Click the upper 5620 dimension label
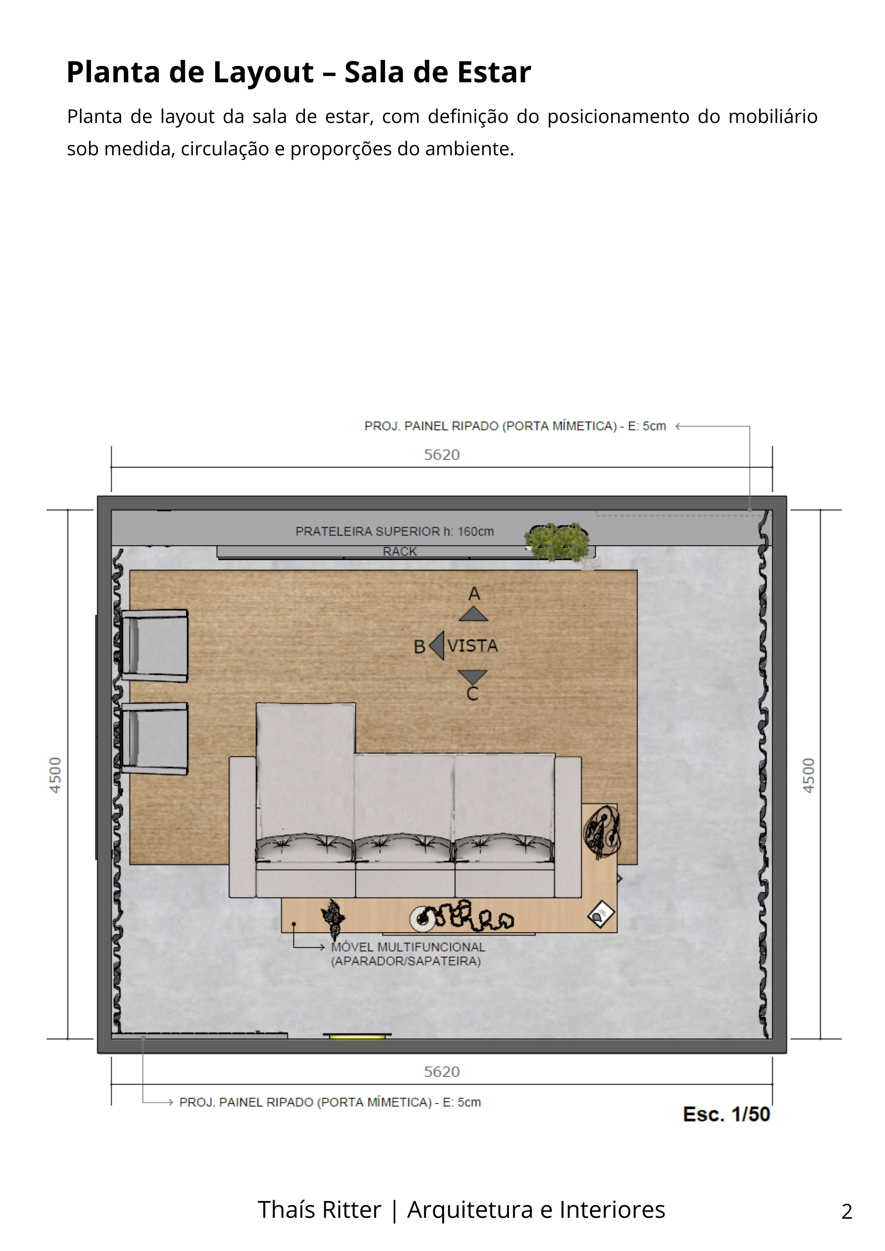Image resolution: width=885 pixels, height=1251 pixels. (x=442, y=454)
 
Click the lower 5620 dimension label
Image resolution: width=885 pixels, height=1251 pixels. (x=442, y=1072)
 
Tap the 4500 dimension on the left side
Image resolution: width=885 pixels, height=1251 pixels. (x=55, y=775)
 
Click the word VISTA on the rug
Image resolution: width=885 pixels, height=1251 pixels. (x=473, y=646)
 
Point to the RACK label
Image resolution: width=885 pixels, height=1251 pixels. (x=400, y=551)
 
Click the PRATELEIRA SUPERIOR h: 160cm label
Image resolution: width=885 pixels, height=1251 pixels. (x=395, y=531)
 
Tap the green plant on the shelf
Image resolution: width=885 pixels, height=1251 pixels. (x=558, y=541)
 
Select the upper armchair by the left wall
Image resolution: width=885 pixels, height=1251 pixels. (x=155, y=646)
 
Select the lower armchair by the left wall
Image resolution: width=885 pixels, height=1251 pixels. (x=155, y=738)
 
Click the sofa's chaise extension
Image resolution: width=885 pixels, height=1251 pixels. (x=305, y=763)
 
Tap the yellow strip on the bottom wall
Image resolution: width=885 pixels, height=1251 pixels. (x=357, y=1036)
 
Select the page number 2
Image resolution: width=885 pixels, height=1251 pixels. (x=847, y=1211)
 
